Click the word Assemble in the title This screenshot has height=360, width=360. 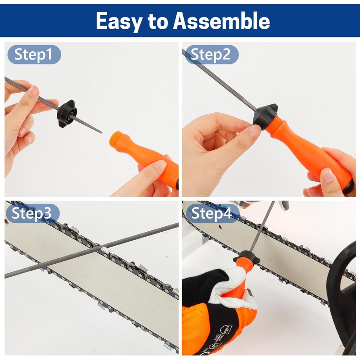coord(222,21)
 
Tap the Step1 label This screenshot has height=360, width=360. coord(33,55)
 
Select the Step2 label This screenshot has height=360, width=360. coord(211,55)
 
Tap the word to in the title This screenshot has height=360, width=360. coord(158,21)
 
